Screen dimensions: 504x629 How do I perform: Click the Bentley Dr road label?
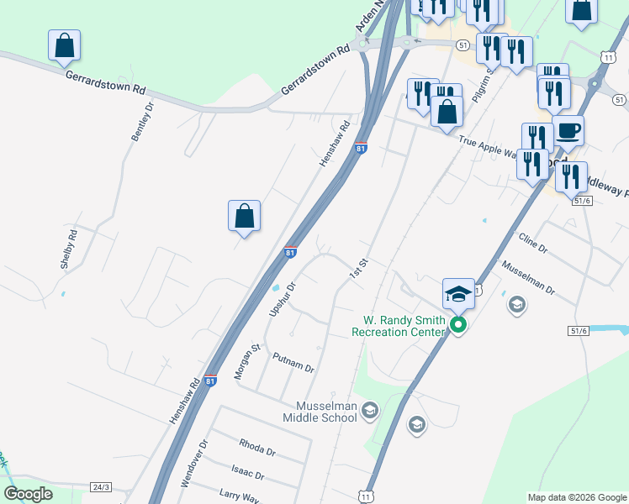[x=141, y=122]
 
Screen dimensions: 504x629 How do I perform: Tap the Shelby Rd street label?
[x=69, y=249]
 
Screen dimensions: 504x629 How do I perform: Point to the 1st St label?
[x=359, y=268]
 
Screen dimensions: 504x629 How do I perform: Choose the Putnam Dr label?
[x=293, y=363]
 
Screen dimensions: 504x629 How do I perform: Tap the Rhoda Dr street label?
[x=257, y=446]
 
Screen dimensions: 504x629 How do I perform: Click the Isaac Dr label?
[x=248, y=472]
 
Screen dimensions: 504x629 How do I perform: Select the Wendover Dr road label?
[x=193, y=465]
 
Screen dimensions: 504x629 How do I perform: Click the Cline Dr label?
[x=533, y=244]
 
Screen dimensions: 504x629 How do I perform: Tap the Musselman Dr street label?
[x=528, y=277]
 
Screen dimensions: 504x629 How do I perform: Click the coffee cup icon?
[x=568, y=131]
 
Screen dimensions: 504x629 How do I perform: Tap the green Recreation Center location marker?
[x=458, y=324]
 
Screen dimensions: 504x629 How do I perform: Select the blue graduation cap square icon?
[x=458, y=293]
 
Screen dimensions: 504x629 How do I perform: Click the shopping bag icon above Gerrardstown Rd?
[x=64, y=46]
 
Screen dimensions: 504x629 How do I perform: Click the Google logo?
[x=28, y=494]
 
